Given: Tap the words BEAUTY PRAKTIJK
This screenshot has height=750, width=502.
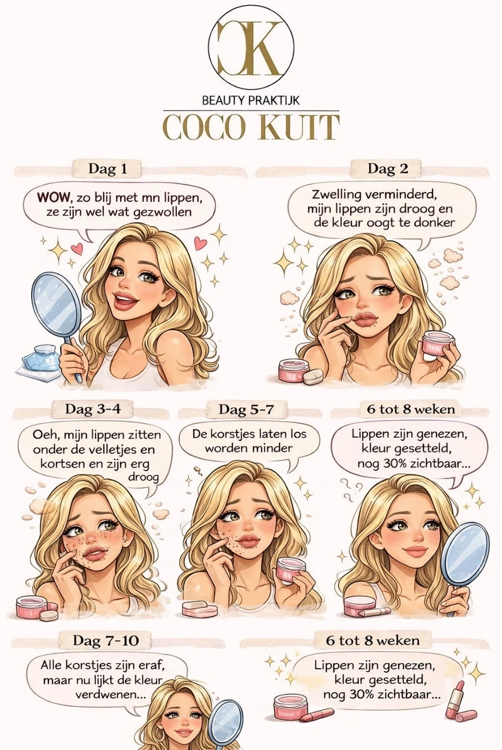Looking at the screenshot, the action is click(x=251, y=101).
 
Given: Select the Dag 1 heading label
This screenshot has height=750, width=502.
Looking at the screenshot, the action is click(x=108, y=169).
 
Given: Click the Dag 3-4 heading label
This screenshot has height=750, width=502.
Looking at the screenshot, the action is click(x=93, y=409).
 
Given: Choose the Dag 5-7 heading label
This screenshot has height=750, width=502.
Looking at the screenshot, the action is click(x=246, y=409).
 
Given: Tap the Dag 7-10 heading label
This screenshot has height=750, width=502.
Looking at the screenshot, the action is click(x=106, y=640).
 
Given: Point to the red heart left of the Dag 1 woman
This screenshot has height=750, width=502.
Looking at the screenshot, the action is click(x=77, y=249).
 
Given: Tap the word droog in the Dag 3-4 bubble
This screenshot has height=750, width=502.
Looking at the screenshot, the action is click(x=143, y=477).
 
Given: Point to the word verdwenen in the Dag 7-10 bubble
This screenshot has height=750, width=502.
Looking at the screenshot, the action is click(x=110, y=695).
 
